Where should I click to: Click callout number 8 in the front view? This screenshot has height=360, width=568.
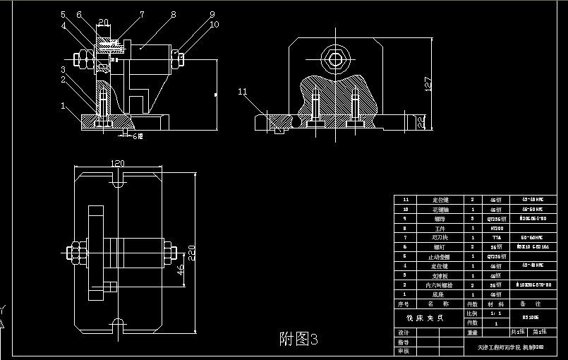[x=171, y=13]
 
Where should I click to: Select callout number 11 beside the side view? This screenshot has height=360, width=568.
[x=242, y=91]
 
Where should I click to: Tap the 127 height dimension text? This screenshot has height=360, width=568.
[x=428, y=83]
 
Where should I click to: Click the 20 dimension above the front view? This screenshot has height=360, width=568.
[x=103, y=21]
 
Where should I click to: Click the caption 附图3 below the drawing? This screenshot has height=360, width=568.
[x=299, y=339]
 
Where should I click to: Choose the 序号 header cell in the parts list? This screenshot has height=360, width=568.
[x=405, y=304]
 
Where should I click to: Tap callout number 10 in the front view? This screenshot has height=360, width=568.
[x=214, y=24]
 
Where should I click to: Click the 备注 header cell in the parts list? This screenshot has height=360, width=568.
[x=531, y=304]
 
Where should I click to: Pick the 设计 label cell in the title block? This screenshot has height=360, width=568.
[x=404, y=332]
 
